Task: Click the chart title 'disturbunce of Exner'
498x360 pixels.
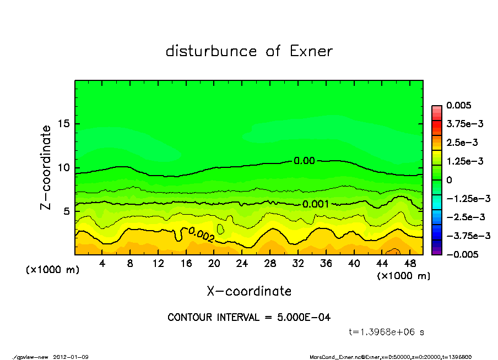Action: (249, 52)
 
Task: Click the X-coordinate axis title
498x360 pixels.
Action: (249, 291)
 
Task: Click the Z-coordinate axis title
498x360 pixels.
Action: (46, 167)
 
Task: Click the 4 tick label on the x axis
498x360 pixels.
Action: (102, 263)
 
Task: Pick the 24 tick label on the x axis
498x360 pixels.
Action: (242, 263)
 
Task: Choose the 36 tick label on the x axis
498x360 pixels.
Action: (326, 263)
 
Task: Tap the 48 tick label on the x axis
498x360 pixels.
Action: (409, 263)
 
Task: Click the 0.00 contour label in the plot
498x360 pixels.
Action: (304, 161)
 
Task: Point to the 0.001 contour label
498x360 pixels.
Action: (316, 204)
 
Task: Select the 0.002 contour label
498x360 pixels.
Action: (201, 235)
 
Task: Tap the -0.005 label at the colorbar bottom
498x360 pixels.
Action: (462, 254)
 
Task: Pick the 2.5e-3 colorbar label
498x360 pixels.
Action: (462, 143)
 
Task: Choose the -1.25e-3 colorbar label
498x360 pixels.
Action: (464, 198)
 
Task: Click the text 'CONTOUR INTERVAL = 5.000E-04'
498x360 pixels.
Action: (249, 318)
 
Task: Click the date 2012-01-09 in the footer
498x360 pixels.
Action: (71, 357)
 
